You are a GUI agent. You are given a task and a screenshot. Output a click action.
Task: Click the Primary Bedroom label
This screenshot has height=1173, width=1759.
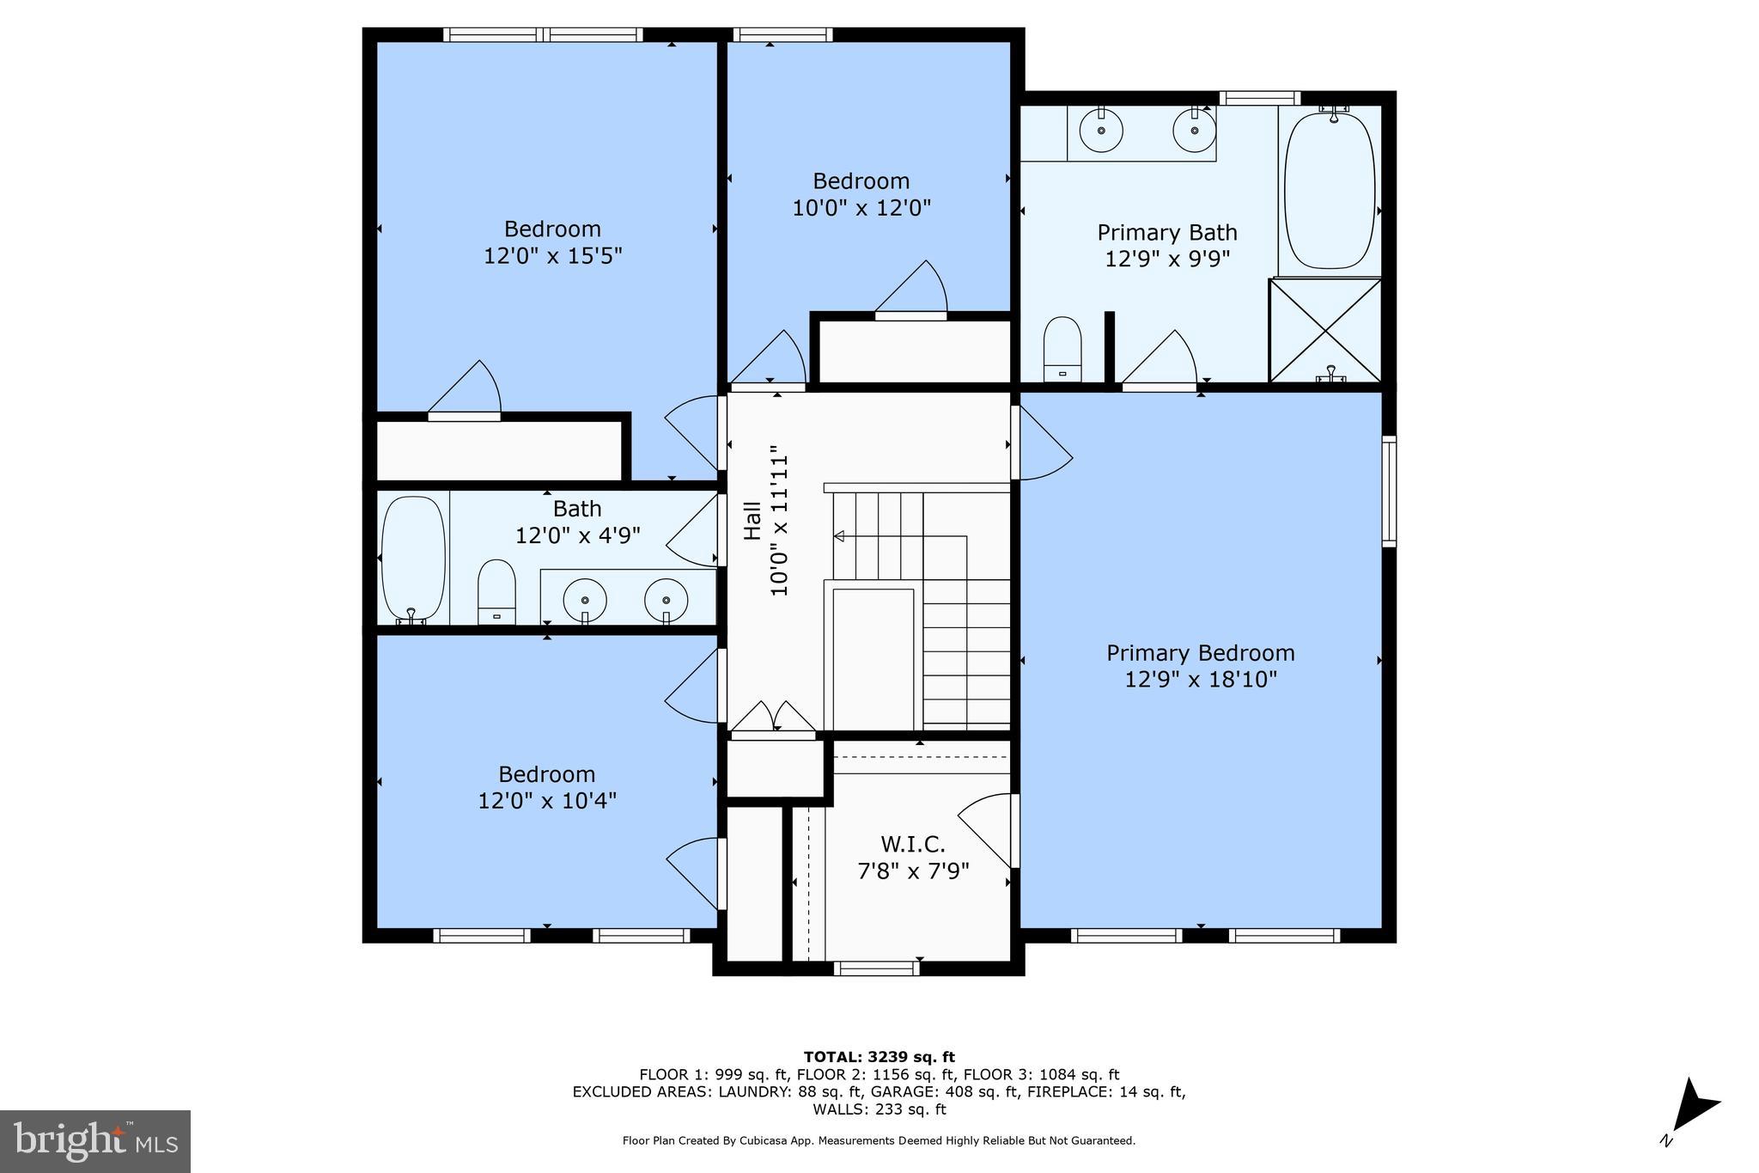1200,653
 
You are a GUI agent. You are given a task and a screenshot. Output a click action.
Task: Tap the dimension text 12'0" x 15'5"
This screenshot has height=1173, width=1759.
552,256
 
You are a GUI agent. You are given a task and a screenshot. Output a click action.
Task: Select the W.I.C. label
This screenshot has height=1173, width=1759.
912,844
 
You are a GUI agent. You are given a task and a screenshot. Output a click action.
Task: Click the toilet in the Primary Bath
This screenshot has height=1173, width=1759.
1062,348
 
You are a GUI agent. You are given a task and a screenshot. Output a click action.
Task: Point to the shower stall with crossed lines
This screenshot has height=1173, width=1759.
1325,330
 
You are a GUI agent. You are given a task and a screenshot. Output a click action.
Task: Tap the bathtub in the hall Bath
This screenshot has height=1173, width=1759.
413,559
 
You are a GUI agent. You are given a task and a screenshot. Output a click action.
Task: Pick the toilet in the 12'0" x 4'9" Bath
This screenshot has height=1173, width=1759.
496,591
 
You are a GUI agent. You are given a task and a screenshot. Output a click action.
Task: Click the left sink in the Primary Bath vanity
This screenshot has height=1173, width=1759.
1101,132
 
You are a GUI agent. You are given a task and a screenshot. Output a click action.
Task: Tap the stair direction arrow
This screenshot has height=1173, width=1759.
839,536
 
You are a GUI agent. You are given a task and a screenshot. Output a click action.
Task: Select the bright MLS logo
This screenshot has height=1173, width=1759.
95,1141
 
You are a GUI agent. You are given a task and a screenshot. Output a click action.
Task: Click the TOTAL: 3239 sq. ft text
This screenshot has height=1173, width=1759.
879,1057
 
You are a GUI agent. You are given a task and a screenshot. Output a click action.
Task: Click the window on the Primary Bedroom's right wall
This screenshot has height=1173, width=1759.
1388,491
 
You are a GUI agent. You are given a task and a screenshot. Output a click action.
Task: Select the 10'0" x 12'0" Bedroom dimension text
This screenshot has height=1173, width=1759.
861,208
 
